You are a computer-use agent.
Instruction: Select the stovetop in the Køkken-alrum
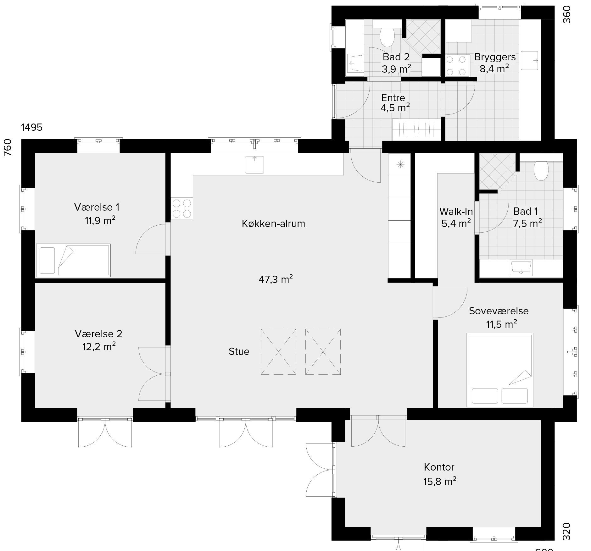click(182, 209)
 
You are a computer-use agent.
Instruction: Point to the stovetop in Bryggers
click(456, 66)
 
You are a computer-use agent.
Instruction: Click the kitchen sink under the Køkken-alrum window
click(254, 165)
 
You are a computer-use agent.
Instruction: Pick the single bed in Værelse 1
click(73, 260)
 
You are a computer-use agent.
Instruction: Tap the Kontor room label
click(439, 467)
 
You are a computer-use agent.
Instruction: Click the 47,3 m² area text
click(276, 279)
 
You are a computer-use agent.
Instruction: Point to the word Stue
click(239, 351)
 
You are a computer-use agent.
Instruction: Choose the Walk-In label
click(456, 211)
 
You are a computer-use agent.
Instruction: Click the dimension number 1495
click(32, 127)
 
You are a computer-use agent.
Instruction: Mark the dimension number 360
click(566, 14)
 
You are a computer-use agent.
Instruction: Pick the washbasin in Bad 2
click(355, 63)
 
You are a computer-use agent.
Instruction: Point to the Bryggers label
click(495, 57)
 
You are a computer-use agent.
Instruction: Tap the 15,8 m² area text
click(440, 481)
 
